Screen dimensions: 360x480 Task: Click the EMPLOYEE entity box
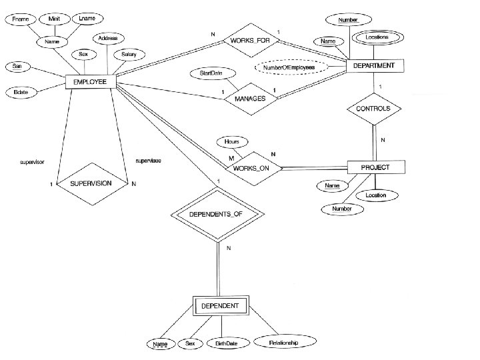91,82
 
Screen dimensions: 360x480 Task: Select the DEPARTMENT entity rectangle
373,65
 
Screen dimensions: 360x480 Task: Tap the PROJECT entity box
376,167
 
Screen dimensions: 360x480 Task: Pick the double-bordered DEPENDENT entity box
220,307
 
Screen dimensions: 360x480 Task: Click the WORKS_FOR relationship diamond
251,41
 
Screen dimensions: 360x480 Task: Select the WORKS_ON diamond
251,168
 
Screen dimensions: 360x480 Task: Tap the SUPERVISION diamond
92,183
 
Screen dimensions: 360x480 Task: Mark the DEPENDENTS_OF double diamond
219,215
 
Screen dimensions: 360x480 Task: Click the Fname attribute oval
20,20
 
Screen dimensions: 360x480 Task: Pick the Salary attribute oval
129,54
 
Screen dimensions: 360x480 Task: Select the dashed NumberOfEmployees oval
289,68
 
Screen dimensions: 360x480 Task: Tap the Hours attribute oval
231,142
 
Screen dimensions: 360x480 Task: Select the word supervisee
147,161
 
